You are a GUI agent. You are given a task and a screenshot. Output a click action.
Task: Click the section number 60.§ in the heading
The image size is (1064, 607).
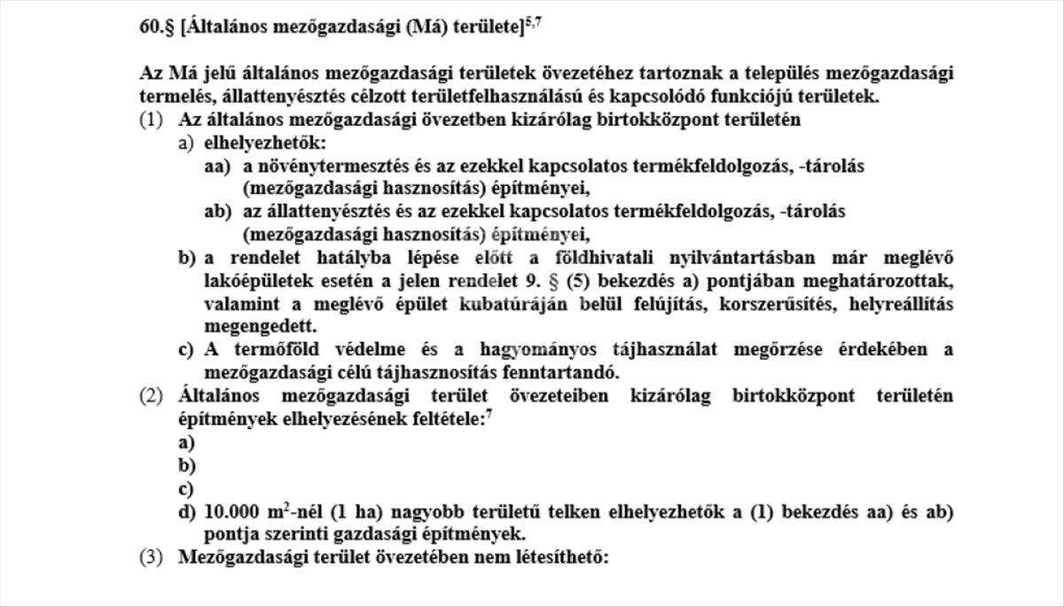(x=156, y=27)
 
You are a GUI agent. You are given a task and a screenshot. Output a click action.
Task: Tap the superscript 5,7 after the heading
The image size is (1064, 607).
(x=533, y=22)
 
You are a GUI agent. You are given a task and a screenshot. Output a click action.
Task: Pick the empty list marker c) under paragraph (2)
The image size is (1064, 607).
(x=186, y=488)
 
